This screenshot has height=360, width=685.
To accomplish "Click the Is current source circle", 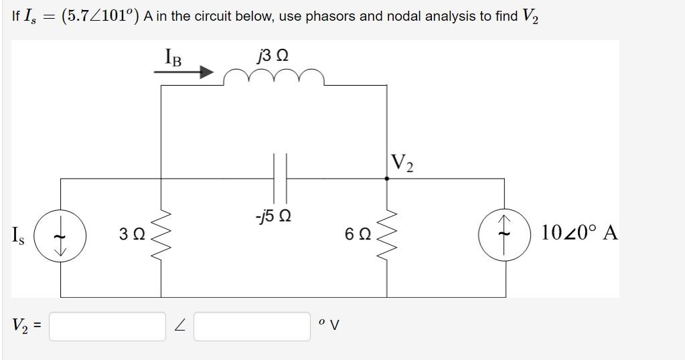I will pyautogui.click(x=60, y=234).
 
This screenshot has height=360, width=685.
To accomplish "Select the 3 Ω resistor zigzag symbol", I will pyautogui.click(x=161, y=234).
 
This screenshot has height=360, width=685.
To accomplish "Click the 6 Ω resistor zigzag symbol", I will pyautogui.click(x=386, y=234).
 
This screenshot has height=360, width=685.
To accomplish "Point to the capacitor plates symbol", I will pyautogui.click(x=280, y=178).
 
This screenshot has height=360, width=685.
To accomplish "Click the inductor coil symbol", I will pyautogui.click(x=274, y=78).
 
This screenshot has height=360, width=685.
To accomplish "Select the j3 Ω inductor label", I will pyautogui.click(x=273, y=56).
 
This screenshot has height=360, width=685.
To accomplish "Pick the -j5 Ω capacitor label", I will pyautogui.click(x=273, y=217).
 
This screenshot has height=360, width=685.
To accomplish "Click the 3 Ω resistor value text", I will pyautogui.click(x=132, y=234).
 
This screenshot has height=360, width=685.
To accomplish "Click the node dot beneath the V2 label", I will pyautogui.click(x=386, y=179).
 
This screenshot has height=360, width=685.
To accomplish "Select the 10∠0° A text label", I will pyautogui.click(x=579, y=233).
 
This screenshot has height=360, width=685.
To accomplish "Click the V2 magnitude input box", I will pyautogui.click(x=107, y=326).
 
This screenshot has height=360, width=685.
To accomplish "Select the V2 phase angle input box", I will pyautogui.click(x=252, y=326).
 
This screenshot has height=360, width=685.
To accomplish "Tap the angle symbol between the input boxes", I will pyautogui.click(x=179, y=326).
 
